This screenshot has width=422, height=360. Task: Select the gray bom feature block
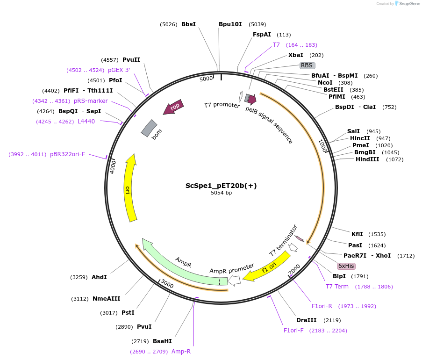(149, 129)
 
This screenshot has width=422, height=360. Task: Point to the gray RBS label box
(307, 65)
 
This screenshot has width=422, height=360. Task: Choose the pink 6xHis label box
(346, 266)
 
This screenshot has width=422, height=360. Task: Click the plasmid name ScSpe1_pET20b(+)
(221, 185)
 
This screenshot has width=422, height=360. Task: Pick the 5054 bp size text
(221, 193)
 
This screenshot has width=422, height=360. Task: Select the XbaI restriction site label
(296, 55)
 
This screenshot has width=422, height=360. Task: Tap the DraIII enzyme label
(307, 320)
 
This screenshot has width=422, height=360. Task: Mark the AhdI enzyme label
(99, 277)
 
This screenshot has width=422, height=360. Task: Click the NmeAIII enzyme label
(107, 299)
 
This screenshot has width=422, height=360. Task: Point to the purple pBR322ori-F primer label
(68, 154)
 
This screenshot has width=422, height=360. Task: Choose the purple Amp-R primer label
(181, 351)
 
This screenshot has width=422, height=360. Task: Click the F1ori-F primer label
(293, 330)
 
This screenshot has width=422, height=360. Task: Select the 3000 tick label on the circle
(167, 284)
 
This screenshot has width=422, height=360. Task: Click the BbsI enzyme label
(188, 24)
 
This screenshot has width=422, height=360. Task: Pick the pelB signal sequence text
(269, 125)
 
